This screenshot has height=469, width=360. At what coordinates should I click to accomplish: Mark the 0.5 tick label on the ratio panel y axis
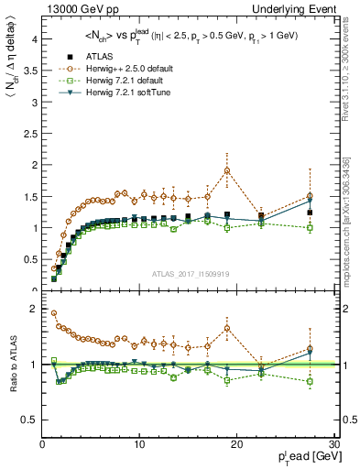click(x=28, y=420)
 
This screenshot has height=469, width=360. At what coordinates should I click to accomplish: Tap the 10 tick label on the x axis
click(x=139, y=444)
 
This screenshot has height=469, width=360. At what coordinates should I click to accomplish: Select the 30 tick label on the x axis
click(x=333, y=444)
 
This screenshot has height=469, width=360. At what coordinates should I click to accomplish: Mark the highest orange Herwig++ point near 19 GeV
click(x=227, y=170)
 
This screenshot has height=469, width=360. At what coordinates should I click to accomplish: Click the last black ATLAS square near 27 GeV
click(x=310, y=213)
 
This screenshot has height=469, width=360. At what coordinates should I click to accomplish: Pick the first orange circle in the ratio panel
click(x=54, y=313)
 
